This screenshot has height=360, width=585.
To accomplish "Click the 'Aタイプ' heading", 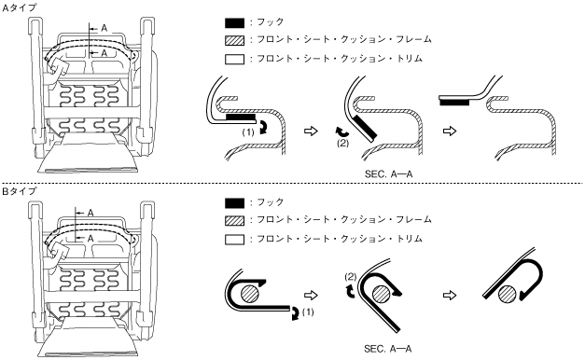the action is (x=19, y=7).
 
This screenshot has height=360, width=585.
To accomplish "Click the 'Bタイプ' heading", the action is (x=19, y=191).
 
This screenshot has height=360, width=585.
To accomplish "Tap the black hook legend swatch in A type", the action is (x=235, y=22).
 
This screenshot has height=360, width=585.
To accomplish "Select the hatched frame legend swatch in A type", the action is (x=235, y=40).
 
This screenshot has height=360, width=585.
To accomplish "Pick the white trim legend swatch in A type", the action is (x=235, y=60).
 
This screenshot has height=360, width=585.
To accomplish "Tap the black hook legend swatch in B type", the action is (x=235, y=203).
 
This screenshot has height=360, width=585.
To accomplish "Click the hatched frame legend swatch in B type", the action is (x=235, y=220).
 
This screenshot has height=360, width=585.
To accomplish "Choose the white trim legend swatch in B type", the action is (x=235, y=239).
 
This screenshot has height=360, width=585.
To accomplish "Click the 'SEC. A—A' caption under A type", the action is (x=388, y=174).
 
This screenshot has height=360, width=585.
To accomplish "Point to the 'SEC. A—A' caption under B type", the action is (x=388, y=349).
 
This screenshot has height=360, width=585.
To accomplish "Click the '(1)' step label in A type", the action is (x=248, y=132).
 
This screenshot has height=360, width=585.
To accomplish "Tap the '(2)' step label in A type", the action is (x=342, y=143).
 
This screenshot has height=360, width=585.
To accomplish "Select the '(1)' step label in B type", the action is (x=307, y=312).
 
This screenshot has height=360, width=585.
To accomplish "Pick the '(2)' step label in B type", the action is (x=351, y=277).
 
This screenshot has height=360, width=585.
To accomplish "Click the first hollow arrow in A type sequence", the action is (x=311, y=131).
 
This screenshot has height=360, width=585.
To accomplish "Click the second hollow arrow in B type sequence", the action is (x=450, y=296).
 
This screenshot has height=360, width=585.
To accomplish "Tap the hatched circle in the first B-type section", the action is (x=250, y=293).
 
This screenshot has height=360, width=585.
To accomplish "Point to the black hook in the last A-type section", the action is (x=454, y=103).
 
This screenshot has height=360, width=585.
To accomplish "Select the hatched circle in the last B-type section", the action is (x=508, y=295).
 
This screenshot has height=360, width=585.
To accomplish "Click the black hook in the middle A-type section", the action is (x=365, y=127).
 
